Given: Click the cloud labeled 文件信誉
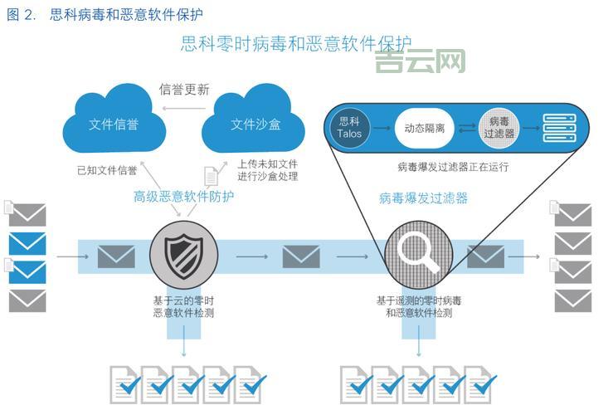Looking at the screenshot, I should [x=114, y=123].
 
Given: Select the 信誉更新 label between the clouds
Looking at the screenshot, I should [x=184, y=90].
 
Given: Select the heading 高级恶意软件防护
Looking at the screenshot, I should [x=183, y=197].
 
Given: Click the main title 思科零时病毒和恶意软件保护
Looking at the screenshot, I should [x=295, y=43].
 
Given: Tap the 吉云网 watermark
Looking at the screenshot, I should [x=420, y=61].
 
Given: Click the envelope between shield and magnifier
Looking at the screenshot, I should [x=300, y=256].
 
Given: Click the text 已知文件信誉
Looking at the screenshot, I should [x=107, y=171].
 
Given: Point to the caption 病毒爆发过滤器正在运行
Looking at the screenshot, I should [x=453, y=167].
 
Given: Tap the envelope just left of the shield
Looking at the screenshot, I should [x=116, y=256].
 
